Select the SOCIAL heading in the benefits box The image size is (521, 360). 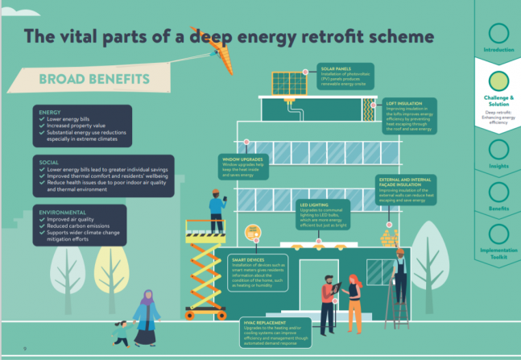click(48, 162)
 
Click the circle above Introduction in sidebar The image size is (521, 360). click(498, 33)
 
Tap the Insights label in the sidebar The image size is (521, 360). click(498, 166)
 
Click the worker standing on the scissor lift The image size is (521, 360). click(216, 208)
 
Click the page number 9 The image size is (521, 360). click(27, 348)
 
